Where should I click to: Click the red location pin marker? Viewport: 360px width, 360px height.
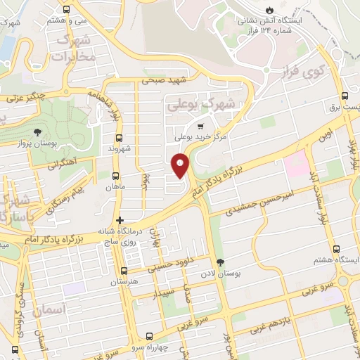180,166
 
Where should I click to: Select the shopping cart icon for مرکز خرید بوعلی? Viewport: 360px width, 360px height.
200,126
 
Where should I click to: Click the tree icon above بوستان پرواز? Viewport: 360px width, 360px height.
37,131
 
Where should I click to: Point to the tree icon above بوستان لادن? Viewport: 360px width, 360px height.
221,262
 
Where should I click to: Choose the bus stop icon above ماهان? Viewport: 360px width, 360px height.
116,177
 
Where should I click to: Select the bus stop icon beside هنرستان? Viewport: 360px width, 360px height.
124,271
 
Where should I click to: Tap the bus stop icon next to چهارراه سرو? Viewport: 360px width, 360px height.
149,335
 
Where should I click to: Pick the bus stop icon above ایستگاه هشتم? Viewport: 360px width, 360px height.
335,249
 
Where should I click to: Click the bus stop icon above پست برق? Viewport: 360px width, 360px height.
345,96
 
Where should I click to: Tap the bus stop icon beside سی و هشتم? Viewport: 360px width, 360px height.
66,10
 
